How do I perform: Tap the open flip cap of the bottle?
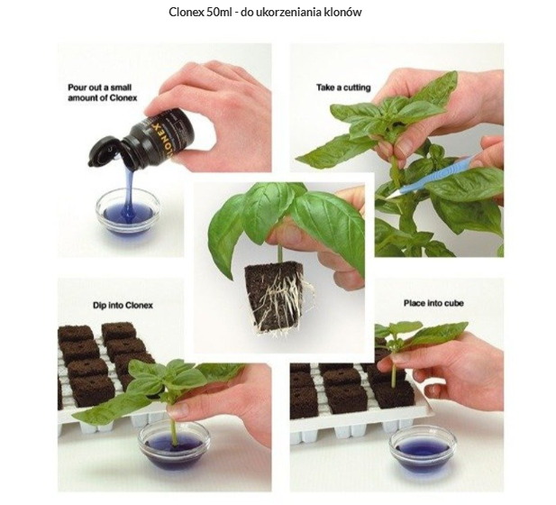pos(104,151)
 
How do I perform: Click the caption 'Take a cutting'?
pos(343,87)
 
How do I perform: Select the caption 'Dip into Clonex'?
pos(123,305)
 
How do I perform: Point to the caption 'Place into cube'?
pos(433,303)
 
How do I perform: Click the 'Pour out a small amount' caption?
pos(103,93)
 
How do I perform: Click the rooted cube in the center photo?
pos(276,298)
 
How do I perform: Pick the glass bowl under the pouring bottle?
pos(128,212)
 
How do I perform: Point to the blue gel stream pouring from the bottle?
pos(128,192)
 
